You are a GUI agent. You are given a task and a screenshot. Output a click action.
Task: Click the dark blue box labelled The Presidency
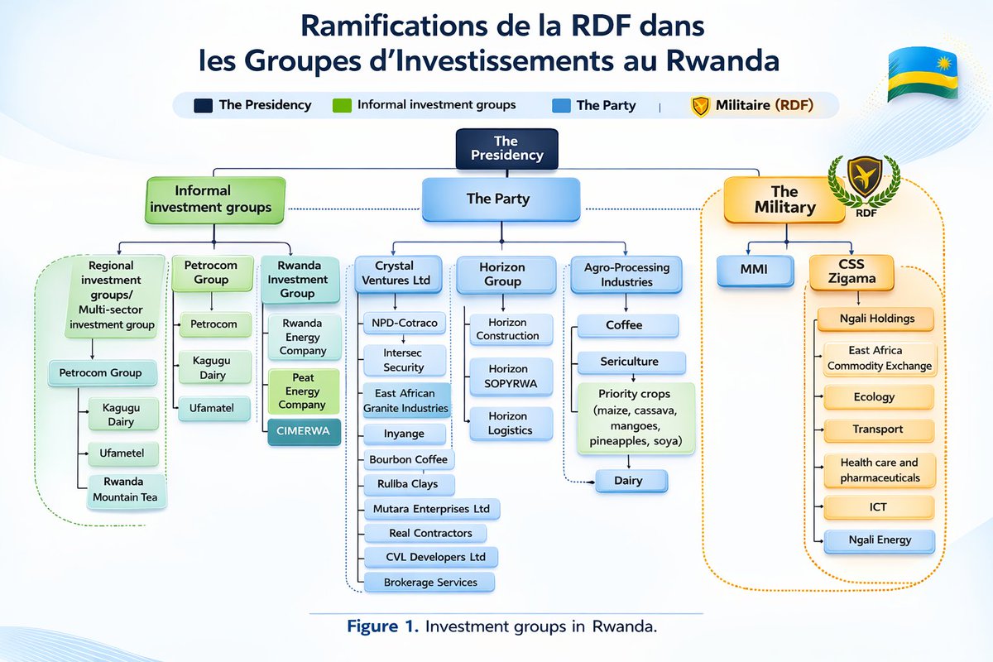[506, 148]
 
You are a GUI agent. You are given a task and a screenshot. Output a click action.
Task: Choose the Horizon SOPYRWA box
[507, 376]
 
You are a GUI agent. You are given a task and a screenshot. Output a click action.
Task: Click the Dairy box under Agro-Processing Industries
[629, 480]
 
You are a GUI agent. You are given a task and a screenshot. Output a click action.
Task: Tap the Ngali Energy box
[879, 540]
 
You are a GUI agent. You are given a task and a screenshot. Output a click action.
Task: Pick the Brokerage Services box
[430, 583]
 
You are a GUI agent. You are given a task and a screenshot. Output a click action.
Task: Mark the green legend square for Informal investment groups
[341, 105]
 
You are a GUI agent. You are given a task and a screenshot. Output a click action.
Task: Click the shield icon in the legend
[700, 106]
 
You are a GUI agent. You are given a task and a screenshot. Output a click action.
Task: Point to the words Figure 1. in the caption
[382, 626]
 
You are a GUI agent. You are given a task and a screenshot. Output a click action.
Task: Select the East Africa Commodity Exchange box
[879, 358]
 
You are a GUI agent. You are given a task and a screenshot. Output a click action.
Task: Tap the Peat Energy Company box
[302, 391]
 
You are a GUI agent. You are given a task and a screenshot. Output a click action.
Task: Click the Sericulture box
[631, 362]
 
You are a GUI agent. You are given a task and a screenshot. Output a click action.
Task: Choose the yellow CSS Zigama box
[851, 272]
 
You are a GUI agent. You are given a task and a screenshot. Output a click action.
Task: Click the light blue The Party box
[497, 199]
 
